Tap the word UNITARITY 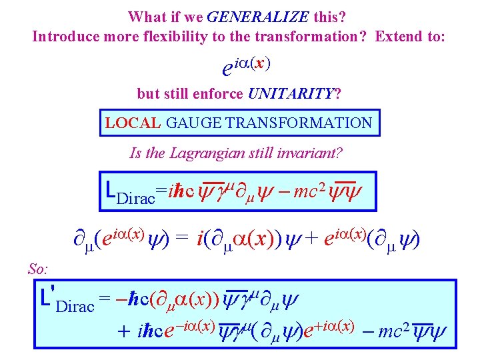coord(291,93)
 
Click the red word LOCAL coord(133,123)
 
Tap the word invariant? coord(311,153)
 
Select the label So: coord(39,268)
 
